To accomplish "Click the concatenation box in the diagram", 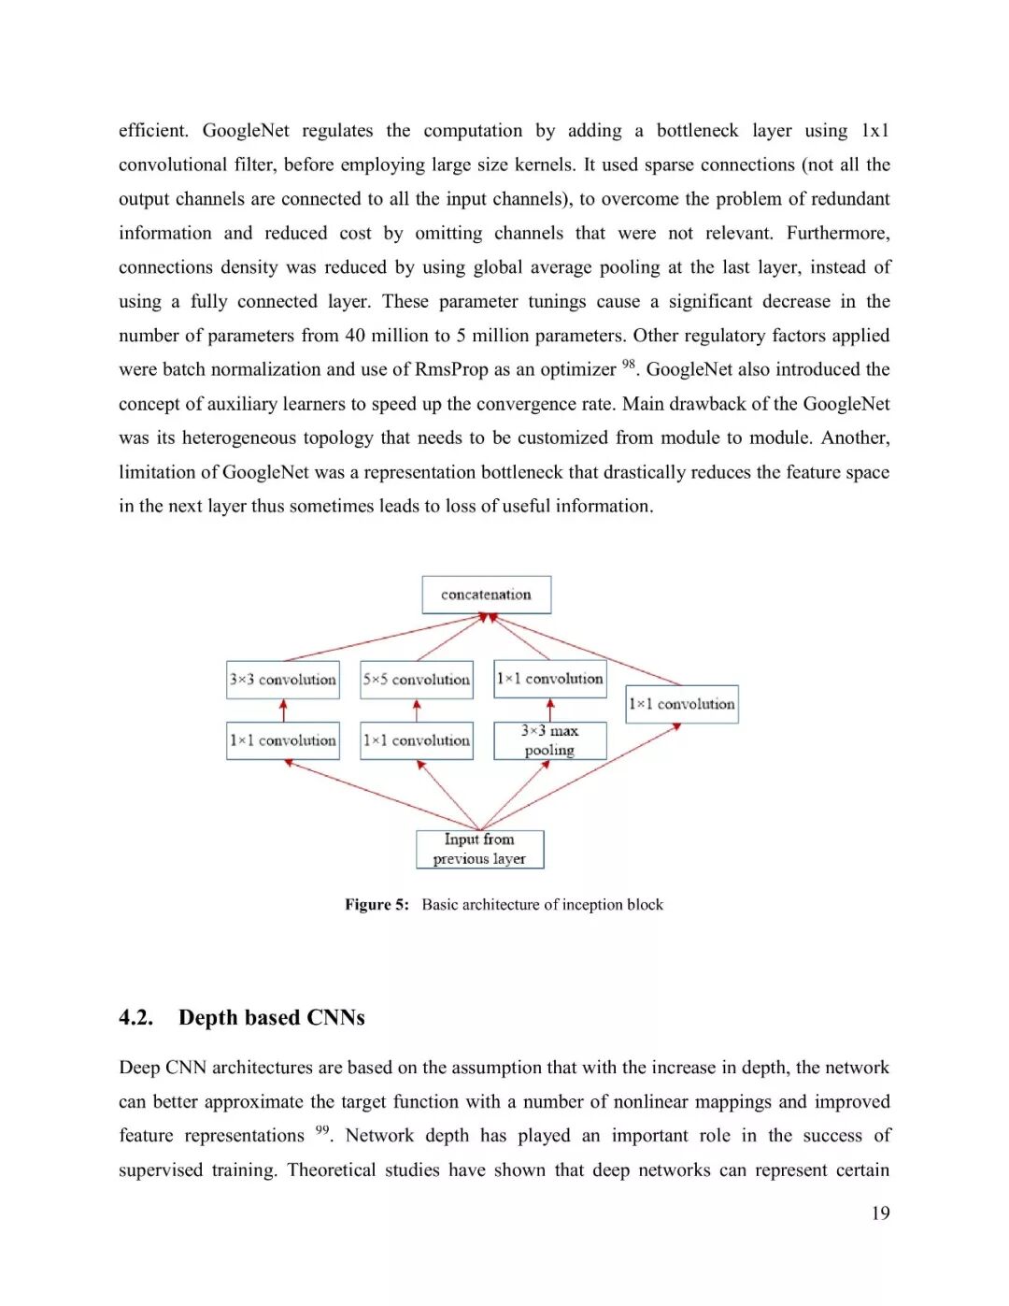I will point(486,595).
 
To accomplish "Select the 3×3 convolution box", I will point(283,680).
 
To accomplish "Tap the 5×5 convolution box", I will point(417,680).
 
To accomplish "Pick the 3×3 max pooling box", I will point(550,740).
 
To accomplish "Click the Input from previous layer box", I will point(480,849).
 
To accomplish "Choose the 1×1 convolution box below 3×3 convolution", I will point(283,740).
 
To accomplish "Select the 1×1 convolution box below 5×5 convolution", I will point(417,740).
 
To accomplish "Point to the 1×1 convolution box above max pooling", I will point(550,679).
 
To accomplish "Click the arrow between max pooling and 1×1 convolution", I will point(550,710).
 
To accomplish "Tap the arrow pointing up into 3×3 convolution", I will point(283,710).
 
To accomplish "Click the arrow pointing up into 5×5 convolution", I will point(417,710).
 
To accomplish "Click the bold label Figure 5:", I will point(377,905).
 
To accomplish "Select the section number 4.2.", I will point(135,1017).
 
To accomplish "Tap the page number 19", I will point(880,1213).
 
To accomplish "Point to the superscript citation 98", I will point(629,364).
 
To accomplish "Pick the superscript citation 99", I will point(322,1129).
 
